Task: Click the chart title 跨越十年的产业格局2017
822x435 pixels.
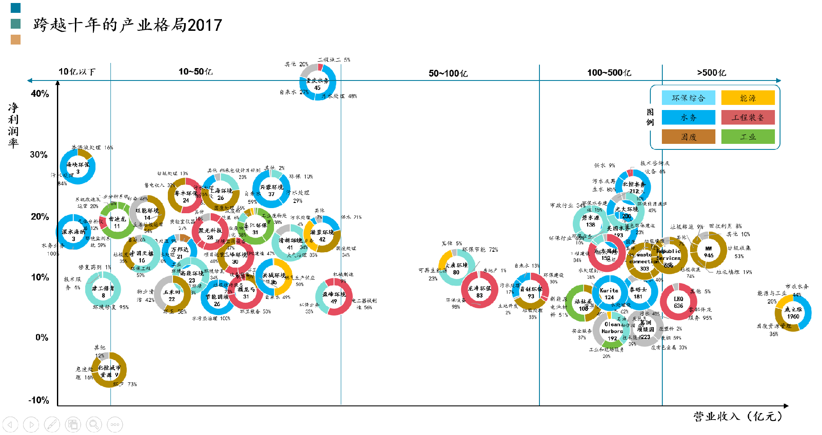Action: [x=128, y=25]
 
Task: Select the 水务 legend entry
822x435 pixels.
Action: [x=688, y=117]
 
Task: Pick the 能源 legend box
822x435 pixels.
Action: [x=748, y=98]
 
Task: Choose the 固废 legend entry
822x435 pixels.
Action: [x=688, y=137]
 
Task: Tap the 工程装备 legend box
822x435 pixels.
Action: [x=748, y=117]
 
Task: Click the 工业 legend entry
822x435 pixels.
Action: [x=748, y=137]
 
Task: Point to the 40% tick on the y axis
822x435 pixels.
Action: [x=40, y=94]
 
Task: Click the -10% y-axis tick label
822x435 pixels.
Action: [x=39, y=400]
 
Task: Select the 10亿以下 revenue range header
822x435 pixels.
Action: [x=77, y=72]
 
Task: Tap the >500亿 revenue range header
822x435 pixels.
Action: [x=712, y=72]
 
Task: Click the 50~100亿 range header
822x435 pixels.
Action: [x=448, y=73]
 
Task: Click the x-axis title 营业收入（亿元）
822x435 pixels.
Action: [x=738, y=416]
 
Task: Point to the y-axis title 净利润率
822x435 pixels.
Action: [x=13, y=125]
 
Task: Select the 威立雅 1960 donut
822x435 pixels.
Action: [x=793, y=313]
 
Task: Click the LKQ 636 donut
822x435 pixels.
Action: [x=678, y=302]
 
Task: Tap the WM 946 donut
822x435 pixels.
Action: [x=709, y=251]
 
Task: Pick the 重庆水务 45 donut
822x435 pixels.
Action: [x=317, y=83]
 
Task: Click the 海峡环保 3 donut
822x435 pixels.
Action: [x=77, y=167]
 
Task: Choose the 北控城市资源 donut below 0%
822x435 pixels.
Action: [x=109, y=370]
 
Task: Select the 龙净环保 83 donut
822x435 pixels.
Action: [x=479, y=291]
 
